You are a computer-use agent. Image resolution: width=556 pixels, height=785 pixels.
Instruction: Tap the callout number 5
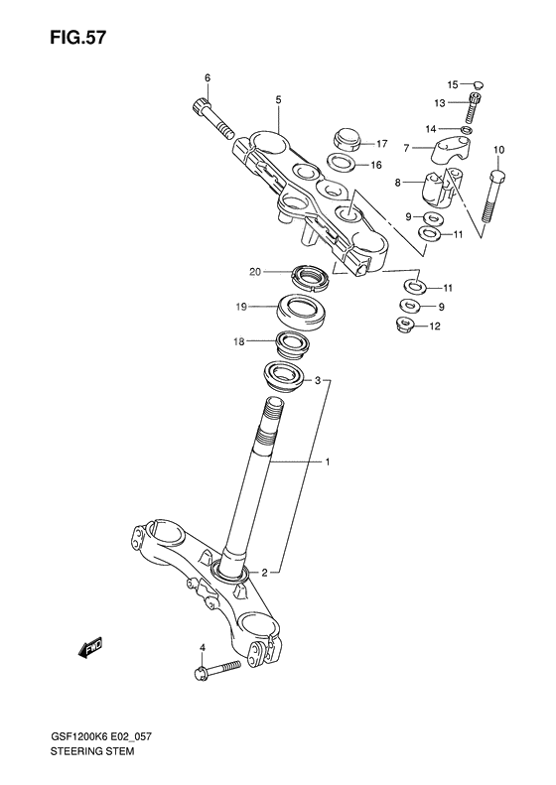coord(278,99)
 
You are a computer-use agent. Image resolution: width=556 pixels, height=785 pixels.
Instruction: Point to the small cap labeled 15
coord(477,85)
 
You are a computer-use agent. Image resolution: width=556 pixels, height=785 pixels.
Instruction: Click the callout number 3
coord(318,380)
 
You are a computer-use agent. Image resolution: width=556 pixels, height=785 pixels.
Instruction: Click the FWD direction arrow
coord(91,650)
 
